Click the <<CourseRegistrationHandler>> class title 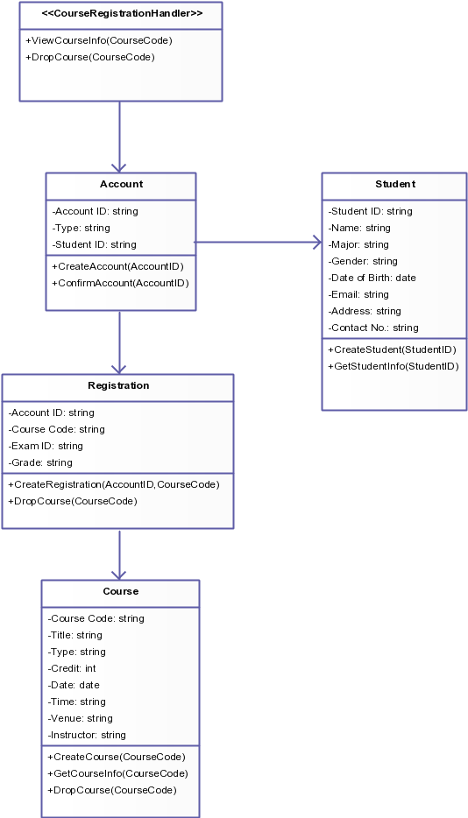[x=122, y=14]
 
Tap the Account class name [x=121, y=185]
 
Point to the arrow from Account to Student [x=258, y=242]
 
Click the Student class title [x=394, y=185]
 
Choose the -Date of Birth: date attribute [x=372, y=278]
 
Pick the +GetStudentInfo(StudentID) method [x=393, y=366]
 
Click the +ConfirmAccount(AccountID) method [x=120, y=283]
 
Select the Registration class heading [x=118, y=385]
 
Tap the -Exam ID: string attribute [x=46, y=446]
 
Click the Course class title [x=120, y=591]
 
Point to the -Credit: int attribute [x=72, y=668]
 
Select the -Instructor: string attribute [x=87, y=735]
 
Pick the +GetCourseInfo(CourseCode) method [x=117, y=773]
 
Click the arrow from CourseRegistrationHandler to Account [x=119, y=136]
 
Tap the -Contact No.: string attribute [x=373, y=328]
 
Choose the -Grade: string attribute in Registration [x=40, y=462]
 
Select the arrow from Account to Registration [x=119, y=342]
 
